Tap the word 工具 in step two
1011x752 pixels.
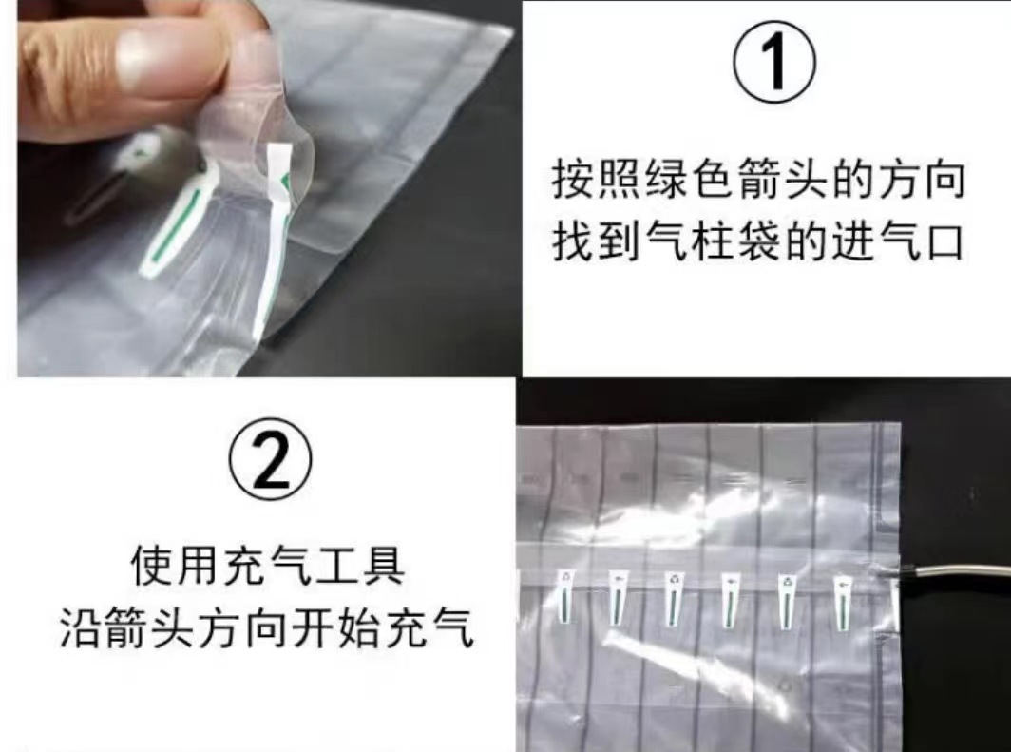point(366,566)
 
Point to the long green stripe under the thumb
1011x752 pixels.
point(180,228)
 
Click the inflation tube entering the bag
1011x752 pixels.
point(950,571)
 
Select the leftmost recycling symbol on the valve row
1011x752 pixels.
point(567,577)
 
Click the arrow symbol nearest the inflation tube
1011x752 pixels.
point(842,582)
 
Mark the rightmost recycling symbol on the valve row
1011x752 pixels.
point(786,580)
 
